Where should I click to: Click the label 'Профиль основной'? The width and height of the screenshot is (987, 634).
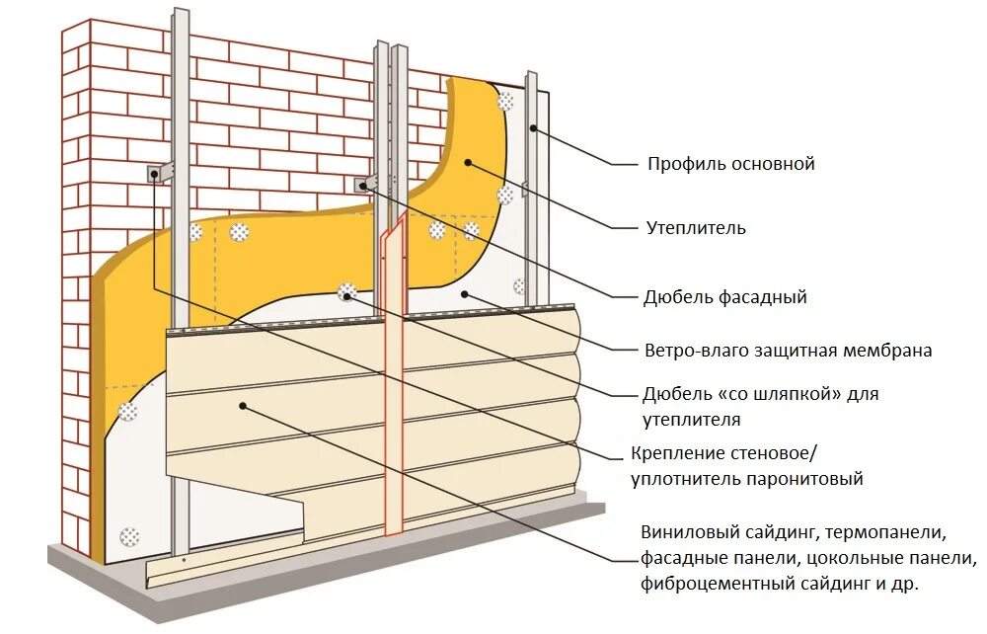pyautogui.click(x=730, y=164)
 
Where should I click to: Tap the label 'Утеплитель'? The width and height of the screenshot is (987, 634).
pyautogui.click(x=696, y=228)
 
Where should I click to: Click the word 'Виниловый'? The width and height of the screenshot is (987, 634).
pyautogui.click(x=683, y=533)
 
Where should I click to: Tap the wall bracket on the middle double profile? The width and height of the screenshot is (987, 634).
pyautogui.click(x=366, y=185)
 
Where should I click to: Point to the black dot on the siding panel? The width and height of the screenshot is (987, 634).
pyautogui.click(x=241, y=406)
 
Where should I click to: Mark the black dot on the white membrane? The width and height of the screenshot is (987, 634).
pyautogui.click(x=464, y=293)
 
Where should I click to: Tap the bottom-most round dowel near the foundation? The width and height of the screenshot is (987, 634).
pyautogui.click(x=128, y=537)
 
